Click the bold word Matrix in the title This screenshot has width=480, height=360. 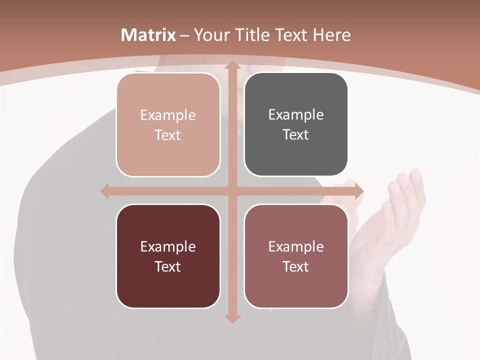click(x=148, y=35)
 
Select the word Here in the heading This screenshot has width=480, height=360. click(x=332, y=35)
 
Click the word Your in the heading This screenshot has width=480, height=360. click(x=212, y=35)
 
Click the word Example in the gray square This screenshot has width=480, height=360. click(x=296, y=115)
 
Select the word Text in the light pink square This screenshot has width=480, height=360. click(x=168, y=135)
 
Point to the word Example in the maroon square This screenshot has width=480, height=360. click(x=168, y=246)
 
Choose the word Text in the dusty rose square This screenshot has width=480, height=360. click(x=296, y=266)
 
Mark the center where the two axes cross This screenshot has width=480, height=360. click(x=232, y=191)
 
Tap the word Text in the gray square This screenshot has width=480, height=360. click(x=296, y=135)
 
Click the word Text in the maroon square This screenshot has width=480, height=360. click(x=168, y=266)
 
